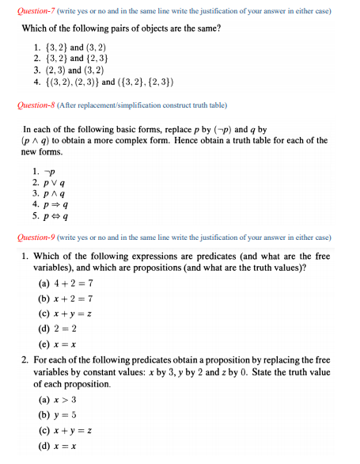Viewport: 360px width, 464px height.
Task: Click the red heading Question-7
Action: pos(31,10)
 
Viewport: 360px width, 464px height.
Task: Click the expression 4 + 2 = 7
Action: pos(76,283)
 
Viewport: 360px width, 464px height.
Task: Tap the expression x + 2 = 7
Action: pos(77,299)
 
